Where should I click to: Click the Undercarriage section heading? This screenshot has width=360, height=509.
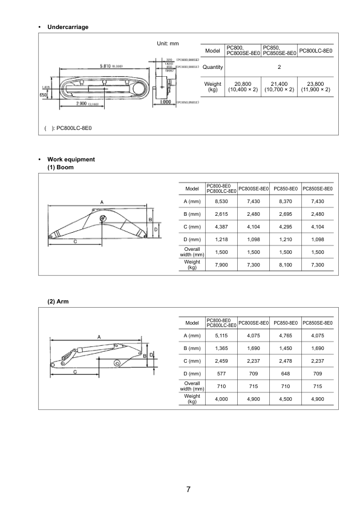[68, 27]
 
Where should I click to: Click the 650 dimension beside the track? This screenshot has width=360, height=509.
[43, 95]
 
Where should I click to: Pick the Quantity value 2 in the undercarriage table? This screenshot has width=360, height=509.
[279, 67]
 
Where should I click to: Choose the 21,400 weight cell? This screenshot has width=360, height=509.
[279, 86]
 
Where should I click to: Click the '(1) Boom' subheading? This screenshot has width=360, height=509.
[61, 167]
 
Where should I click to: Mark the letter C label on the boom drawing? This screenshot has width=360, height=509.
[75, 241]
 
